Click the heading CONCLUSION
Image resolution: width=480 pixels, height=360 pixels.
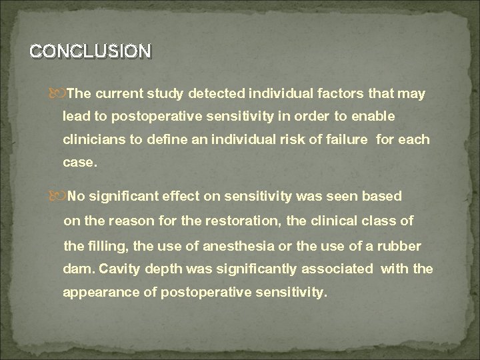click(x=91, y=51)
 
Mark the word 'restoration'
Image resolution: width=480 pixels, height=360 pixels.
click(x=258, y=221)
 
